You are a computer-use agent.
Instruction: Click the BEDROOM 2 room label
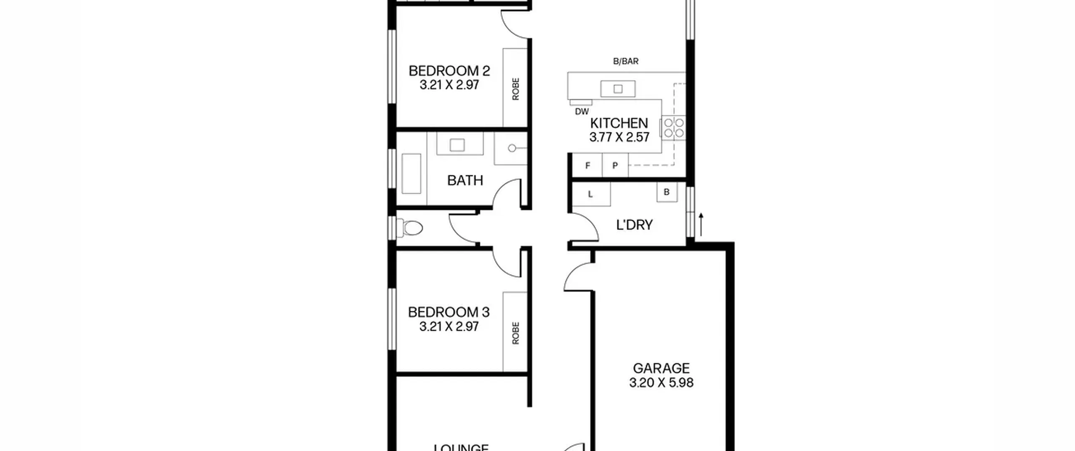[449, 70]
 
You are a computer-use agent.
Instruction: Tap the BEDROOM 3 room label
[449, 312]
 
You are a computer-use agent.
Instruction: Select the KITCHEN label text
[619, 123]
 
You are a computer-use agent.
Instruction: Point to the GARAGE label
[661, 368]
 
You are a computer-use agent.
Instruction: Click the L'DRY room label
[634, 225]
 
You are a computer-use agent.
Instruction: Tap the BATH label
[465, 180]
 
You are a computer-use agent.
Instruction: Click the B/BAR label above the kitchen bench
[626, 62]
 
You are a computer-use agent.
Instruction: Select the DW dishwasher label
[582, 112]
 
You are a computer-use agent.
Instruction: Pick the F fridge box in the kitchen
[587, 165]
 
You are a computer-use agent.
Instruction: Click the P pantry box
[615, 165]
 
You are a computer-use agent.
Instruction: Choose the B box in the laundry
[667, 192]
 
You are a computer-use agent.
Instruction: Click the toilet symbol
[409, 229]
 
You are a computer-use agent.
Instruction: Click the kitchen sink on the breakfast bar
[618, 89]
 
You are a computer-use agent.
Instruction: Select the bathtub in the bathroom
[412, 174]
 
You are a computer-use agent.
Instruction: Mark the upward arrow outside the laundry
[701, 224]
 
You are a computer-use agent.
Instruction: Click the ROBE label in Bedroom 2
[516, 89]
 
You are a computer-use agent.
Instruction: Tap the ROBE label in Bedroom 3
[516, 333]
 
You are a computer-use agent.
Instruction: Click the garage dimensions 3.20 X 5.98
[661, 383]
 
